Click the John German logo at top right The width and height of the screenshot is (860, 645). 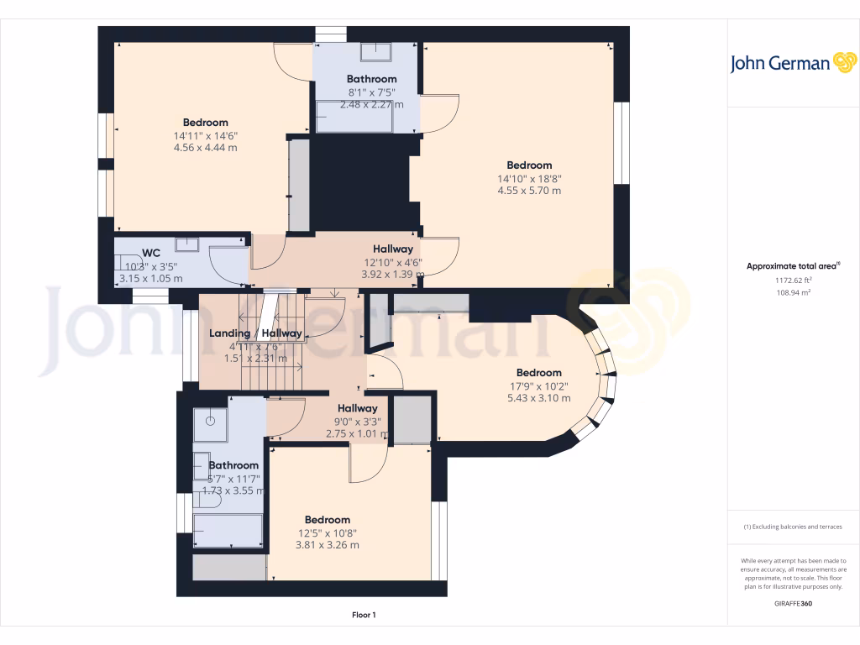click(792, 63)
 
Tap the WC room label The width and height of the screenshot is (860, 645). click(151, 252)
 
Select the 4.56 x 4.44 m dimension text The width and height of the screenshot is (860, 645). click(205, 148)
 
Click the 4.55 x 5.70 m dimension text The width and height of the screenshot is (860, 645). click(529, 191)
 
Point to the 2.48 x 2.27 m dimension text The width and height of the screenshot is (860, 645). click(371, 105)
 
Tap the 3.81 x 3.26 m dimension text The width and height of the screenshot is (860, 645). click(327, 545)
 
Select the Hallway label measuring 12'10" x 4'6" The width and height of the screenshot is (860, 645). click(393, 249)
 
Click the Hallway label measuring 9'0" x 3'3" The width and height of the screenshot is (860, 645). click(357, 408)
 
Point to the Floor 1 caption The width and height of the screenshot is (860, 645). click(364, 615)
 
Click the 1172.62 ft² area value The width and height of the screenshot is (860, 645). click(793, 281)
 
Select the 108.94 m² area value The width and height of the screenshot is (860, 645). click(793, 293)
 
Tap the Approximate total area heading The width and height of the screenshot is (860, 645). click(793, 266)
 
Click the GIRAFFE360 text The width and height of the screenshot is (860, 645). click(793, 603)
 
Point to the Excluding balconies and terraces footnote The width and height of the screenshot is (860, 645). click(793, 527)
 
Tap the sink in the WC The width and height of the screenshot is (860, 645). click(186, 244)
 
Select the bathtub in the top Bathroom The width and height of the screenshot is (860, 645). click(354, 117)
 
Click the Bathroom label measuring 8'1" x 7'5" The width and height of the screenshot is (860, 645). click(371, 79)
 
